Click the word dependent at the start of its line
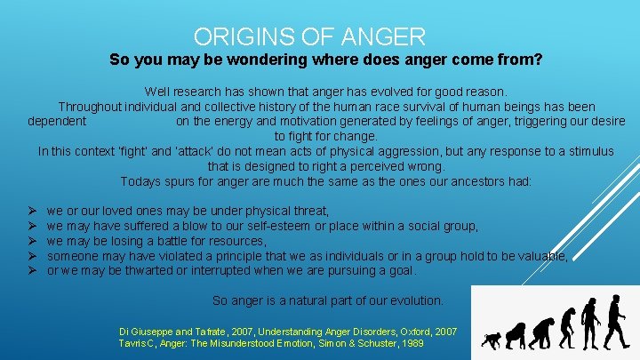pyautogui.click(x=58, y=122)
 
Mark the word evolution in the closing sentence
pyautogui.click(x=412, y=300)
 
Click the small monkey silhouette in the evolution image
pyautogui.click(x=491, y=340)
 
